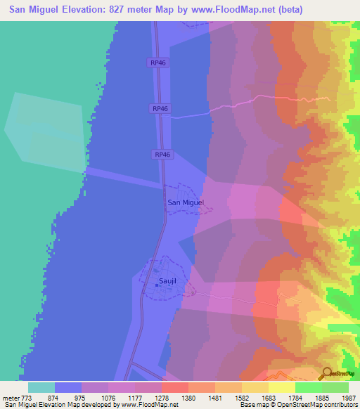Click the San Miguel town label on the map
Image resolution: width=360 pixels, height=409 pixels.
186,202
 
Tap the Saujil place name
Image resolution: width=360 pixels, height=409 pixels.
167,283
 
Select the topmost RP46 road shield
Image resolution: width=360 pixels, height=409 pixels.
158,63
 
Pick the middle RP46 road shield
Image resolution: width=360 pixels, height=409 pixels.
160,108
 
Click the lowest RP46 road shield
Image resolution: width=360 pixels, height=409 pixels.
162,155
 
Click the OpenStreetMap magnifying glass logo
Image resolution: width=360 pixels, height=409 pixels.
327,373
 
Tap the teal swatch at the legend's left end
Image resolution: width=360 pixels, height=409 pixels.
41,387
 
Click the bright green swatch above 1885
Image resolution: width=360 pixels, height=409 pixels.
308,387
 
